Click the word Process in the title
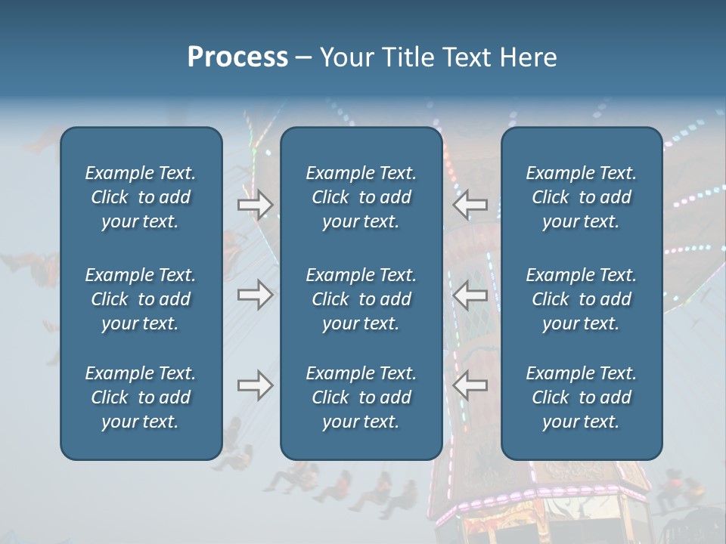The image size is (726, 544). click(x=237, y=57)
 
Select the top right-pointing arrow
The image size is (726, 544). click(x=255, y=205)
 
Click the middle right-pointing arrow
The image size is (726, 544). click(x=255, y=295)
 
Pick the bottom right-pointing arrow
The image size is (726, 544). click(x=255, y=385)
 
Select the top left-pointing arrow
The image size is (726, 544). click(x=470, y=205)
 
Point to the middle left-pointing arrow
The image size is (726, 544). click(x=470, y=295)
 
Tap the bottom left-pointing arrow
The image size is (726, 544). click(x=470, y=385)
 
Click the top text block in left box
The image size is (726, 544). click(x=141, y=197)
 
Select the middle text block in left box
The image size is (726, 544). click(x=141, y=299)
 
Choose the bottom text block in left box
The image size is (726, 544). click(x=141, y=397)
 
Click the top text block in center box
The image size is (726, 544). click(x=361, y=197)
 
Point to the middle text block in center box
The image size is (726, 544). click(x=361, y=299)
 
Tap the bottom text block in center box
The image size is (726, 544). click(x=361, y=397)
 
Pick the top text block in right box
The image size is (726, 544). click(x=582, y=197)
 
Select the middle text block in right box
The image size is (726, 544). click(x=582, y=299)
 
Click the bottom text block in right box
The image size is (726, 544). click(x=582, y=397)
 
